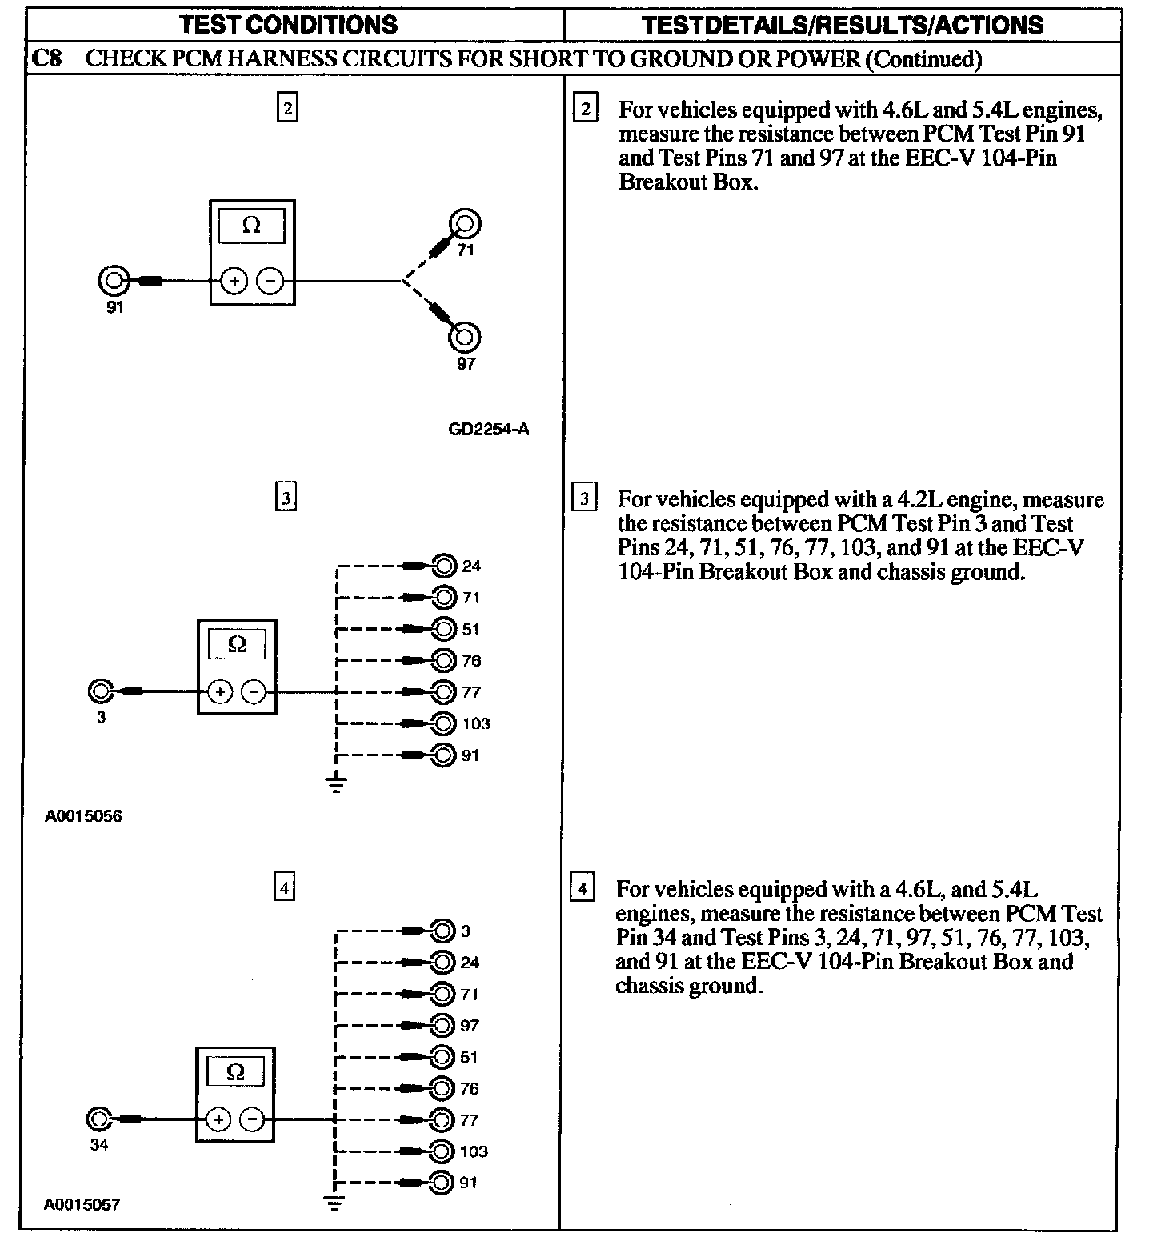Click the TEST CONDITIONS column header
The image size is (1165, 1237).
pyautogui.click(x=289, y=25)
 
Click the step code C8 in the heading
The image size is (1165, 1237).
pyautogui.click(x=49, y=58)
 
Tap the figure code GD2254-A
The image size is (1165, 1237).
pyautogui.click(x=488, y=430)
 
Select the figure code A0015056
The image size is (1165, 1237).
pyautogui.click(x=84, y=817)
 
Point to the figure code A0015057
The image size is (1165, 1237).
pyautogui.click(x=82, y=1204)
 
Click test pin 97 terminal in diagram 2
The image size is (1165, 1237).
pyautogui.click(x=464, y=337)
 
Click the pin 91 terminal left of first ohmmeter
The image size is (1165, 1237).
pyautogui.click(x=114, y=281)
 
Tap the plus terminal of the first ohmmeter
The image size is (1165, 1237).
pyautogui.click(x=234, y=282)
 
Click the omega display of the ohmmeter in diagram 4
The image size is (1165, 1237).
pyautogui.click(x=235, y=1072)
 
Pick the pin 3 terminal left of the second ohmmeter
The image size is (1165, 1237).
pyautogui.click(x=101, y=691)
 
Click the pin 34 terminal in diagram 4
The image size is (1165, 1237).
pyautogui.click(x=99, y=1119)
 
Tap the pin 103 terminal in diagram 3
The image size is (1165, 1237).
pyautogui.click(x=443, y=723)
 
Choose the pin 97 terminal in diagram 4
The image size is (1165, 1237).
pyautogui.click(x=442, y=1025)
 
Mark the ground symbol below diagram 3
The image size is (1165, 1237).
pyautogui.click(x=337, y=783)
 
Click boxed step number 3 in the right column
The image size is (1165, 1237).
pyautogui.click(x=585, y=499)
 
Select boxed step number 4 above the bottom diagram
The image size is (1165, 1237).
pyautogui.click(x=285, y=887)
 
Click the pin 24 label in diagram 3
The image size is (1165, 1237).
pyautogui.click(x=471, y=566)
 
